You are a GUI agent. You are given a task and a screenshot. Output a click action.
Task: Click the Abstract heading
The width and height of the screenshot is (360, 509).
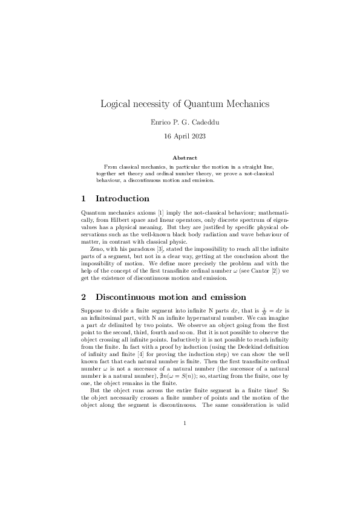coord(180,158)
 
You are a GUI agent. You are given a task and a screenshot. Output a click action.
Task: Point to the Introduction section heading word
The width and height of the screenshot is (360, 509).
coord(122,198)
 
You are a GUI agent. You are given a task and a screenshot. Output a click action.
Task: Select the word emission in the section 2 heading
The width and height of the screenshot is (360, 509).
coord(225,297)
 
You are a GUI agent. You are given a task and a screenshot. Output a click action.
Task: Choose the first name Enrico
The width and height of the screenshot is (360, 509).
coord(160,122)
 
